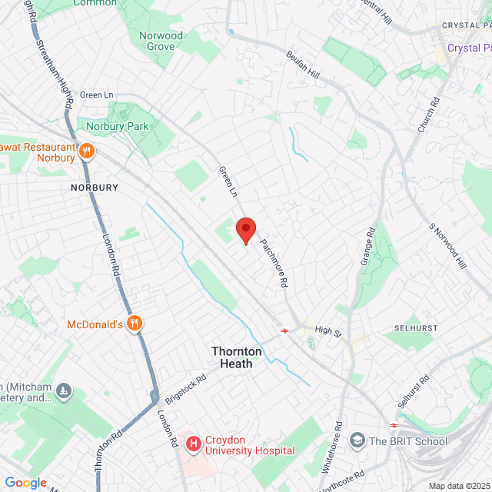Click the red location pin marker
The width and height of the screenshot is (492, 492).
[x=245, y=230]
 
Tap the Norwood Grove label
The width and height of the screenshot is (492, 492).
[x=161, y=41]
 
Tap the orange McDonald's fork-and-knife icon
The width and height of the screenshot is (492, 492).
[x=135, y=324]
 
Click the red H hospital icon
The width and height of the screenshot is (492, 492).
[x=193, y=444]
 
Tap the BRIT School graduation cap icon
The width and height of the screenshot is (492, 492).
[x=357, y=440]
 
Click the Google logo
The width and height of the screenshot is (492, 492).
[x=25, y=482]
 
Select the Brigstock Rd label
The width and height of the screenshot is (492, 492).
[x=185, y=390]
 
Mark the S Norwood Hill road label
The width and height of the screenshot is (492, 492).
[x=448, y=246]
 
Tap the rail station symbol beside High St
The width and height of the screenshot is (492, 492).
[x=285, y=331]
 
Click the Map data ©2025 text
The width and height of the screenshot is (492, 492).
[x=459, y=486]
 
